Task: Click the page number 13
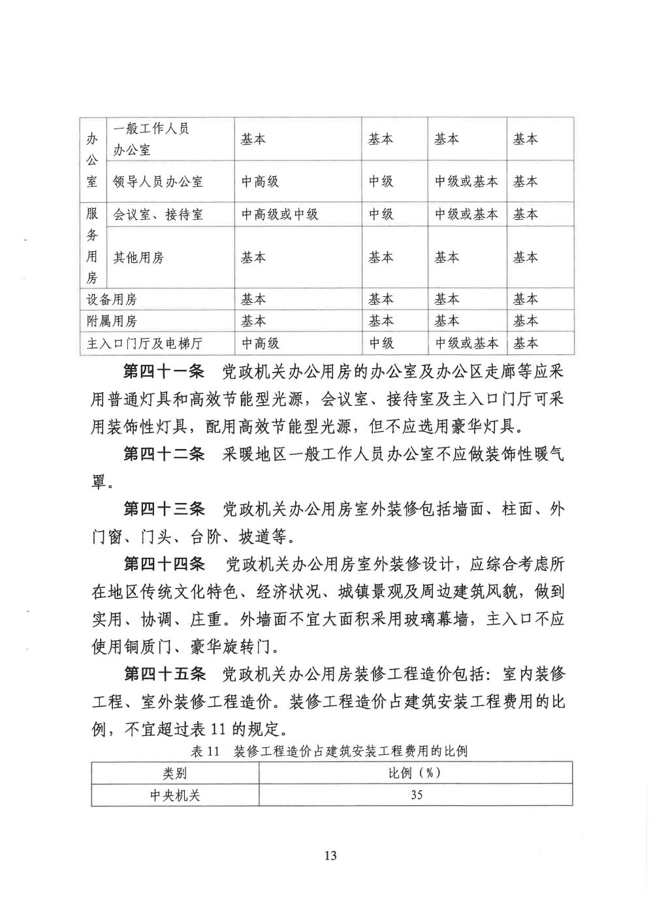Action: point(330,855)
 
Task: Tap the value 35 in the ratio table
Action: point(416,795)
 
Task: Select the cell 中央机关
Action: point(175,795)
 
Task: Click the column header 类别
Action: point(175,773)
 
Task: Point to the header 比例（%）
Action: point(416,773)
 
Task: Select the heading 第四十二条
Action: point(164,455)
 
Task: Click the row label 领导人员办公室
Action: point(158,181)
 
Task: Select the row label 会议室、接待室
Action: point(158,214)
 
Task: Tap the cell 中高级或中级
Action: point(279,214)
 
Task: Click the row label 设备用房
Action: point(112,300)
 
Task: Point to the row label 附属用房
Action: point(112,321)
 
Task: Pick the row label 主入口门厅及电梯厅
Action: point(154,343)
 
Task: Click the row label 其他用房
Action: point(138,257)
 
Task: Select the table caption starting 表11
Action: point(332,751)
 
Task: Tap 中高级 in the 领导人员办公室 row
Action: point(261,181)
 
